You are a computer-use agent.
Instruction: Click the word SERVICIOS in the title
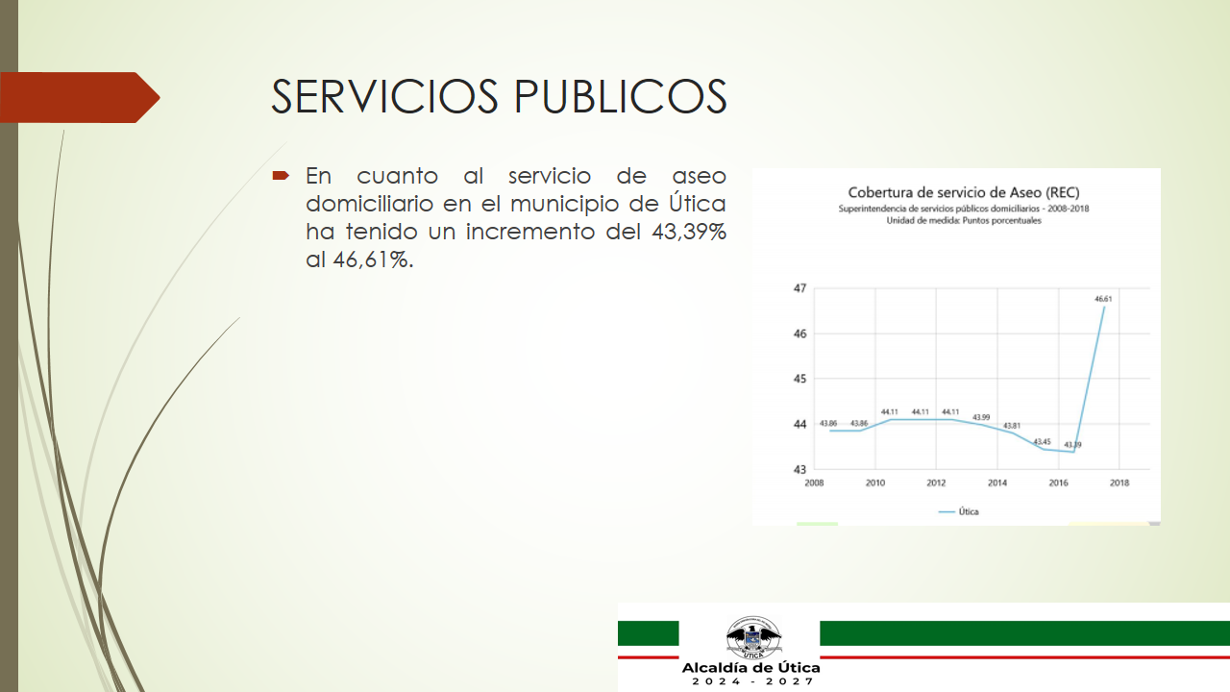(384, 96)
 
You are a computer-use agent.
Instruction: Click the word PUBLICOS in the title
(621, 96)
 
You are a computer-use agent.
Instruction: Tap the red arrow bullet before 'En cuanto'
(281, 176)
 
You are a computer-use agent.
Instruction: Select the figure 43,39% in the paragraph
(689, 232)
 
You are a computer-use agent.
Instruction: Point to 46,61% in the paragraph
(373, 259)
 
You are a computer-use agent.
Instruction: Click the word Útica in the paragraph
(697, 203)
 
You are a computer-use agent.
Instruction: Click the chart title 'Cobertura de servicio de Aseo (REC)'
(964, 193)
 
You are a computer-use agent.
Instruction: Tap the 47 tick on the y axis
(800, 288)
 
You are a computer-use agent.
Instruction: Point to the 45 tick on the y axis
(800, 379)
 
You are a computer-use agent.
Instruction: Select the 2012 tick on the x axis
(936, 482)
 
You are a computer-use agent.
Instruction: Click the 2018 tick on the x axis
(1119, 482)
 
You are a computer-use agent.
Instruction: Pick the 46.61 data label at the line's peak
(1103, 299)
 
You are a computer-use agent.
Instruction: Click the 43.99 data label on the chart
(981, 417)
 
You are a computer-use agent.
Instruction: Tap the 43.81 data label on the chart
(1012, 426)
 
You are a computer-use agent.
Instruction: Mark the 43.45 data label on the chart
(1043, 441)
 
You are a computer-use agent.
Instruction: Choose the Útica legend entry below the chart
(959, 512)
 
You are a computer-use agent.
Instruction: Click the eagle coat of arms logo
(752, 637)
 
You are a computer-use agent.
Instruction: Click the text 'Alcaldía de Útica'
(750, 668)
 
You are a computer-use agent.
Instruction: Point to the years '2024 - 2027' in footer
(752, 681)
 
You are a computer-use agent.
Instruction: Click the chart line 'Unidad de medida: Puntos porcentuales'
(964, 221)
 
